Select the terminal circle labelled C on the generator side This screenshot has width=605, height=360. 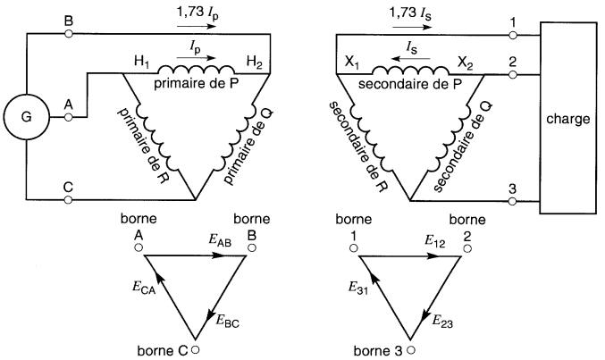(x=69, y=200)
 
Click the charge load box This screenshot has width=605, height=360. (x=566, y=119)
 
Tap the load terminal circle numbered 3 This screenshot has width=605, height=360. (x=514, y=200)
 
